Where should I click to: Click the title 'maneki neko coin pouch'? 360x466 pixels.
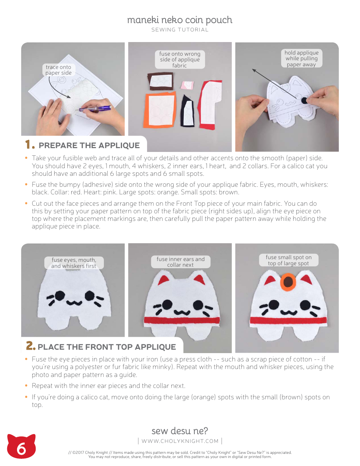(x=180, y=20)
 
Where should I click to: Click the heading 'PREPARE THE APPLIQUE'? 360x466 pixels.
(x=89, y=145)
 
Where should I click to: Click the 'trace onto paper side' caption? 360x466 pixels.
(x=58, y=70)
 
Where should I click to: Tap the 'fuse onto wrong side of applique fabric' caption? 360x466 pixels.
(x=180, y=59)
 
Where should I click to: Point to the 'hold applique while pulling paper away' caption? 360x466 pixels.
(x=302, y=59)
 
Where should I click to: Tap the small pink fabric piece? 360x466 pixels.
(x=187, y=84)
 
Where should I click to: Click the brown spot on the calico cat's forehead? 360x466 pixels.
(x=288, y=282)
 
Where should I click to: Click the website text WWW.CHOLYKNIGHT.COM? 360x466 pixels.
(x=180, y=441)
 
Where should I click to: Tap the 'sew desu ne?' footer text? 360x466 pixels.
(x=180, y=431)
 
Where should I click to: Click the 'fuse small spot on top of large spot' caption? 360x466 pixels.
(x=288, y=260)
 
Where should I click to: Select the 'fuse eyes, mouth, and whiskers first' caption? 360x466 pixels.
(x=74, y=263)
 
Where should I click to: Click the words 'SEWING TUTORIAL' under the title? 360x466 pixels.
(x=180, y=30)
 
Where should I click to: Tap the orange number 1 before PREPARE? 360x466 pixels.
(x=29, y=145)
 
